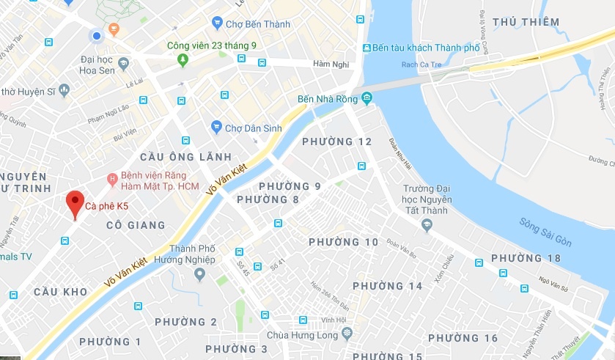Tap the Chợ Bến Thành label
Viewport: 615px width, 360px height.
pyautogui.click(x=257, y=24)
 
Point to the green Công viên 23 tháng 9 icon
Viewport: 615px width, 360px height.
pyautogui.click(x=183, y=59)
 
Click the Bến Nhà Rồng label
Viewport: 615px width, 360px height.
pyautogui.click(x=325, y=99)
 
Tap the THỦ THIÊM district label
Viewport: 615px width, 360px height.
pyautogui.click(x=526, y=22)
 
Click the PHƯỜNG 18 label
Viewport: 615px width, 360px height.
pyautogui.click(x=526, y=258)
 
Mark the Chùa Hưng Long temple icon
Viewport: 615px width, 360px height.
pyautogui.click(x=347, y=334)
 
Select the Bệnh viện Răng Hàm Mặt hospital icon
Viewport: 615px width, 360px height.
pyautogui.click(x=112, y=177)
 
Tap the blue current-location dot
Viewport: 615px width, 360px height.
pyautogui.click(x=96, y=36)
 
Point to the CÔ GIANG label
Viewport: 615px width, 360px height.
pyautogui.click(x=135, y=227)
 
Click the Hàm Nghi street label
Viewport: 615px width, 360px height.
pyautogui.click(x=328, y=65)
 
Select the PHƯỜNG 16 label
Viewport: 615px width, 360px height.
pyautogui.click(x=463, y=338)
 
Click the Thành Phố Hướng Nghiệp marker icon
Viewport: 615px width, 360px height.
pyautogui.click(x=199, y=275)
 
